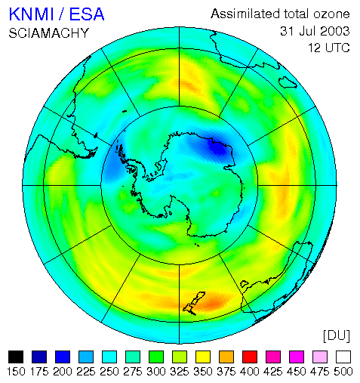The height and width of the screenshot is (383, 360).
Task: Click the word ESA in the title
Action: pyautogui.click(x=86, y=14)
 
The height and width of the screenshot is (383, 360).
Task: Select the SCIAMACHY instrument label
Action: pyautogui.click(x=49, y=33)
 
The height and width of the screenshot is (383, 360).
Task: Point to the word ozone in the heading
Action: pyautogui.click(x=331, y=14)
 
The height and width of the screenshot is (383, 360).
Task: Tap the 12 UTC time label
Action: pyautogui.click(x=329, y=48)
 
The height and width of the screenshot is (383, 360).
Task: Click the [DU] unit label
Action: pyautogui.click(x=337, y=336)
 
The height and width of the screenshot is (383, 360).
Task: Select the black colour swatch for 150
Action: pyautogui.click(x=16, y=357)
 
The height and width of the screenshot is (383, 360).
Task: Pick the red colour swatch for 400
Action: pyautogui.click(x=250, y=357)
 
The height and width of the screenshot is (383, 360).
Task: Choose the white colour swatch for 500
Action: pyautogui.click(x=343, y=357)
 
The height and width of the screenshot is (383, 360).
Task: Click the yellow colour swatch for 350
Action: pyautogui.click(x=203, y=357)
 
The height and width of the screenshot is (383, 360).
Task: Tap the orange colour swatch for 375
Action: pyautogui.click(x=226, y=357)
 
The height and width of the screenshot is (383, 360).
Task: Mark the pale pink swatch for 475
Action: pyautogui.click(x=320, y=357)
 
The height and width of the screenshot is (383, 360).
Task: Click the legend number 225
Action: pyautogui.click(x=86, y=372)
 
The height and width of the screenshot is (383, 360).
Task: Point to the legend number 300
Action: pyautogui.click(x=156, y=372)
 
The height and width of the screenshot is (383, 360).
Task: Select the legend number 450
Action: pyautogui.click(x=297, y=372)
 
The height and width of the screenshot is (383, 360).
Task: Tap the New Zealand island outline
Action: pyautogui.click(x=194, y=304)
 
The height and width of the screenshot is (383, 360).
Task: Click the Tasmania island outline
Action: pyautogui.click(x=245, y=284)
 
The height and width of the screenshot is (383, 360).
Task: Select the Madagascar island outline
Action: pyautogui.click(x=288, y=82)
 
